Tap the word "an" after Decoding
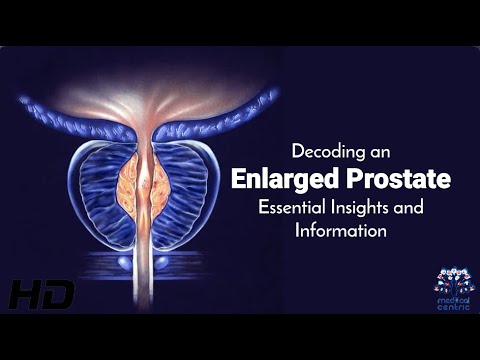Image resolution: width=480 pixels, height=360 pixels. coord(389,153)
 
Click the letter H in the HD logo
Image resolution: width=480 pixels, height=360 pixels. coord(25,294)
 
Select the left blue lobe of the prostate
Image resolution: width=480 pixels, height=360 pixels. coord(100,190)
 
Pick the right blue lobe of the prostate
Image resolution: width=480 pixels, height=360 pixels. coord(190,190)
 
